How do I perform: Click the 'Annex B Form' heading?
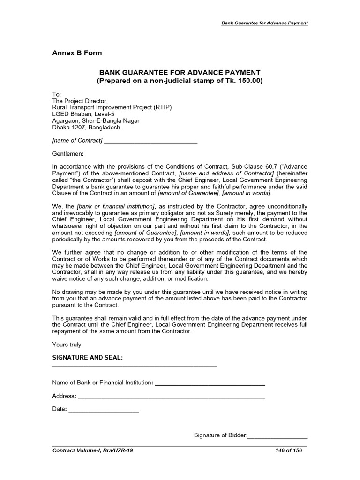point(77,53)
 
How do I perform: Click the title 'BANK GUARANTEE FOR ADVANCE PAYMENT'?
point(179,72)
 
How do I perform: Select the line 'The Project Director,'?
point(80,101)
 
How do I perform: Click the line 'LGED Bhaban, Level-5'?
point(83,114)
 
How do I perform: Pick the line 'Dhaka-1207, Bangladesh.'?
point(87,127)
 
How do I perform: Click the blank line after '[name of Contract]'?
point(150,141)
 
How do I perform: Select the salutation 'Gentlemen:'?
point(68,153)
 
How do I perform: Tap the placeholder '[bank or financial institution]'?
point(116,206)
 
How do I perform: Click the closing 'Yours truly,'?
point(67,345)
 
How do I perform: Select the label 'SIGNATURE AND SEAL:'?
point(87,358)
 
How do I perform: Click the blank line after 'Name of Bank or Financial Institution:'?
point(210,384)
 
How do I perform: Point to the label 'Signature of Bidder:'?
point(220,435)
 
